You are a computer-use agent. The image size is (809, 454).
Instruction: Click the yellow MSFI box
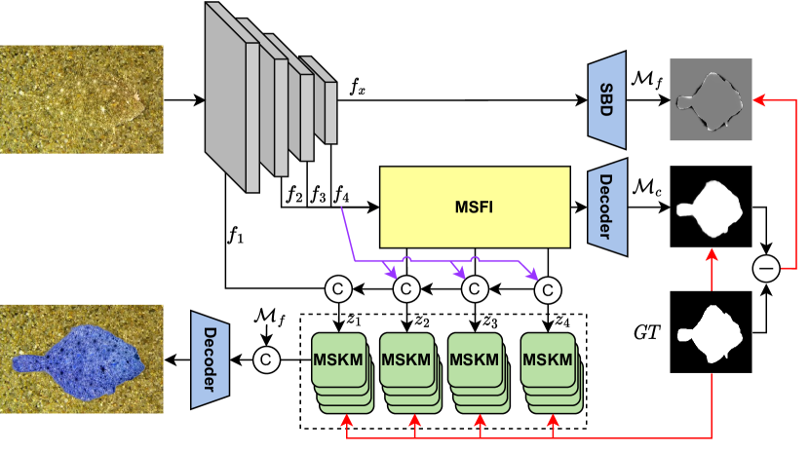474,207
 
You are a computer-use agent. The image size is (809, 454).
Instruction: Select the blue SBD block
606,96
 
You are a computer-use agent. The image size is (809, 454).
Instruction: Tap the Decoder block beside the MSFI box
606,208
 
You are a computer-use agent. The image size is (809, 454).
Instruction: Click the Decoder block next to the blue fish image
209,359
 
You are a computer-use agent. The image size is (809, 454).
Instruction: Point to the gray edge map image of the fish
711,98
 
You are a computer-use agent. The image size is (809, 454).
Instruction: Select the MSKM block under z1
337,360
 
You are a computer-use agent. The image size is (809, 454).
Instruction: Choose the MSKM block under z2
405,360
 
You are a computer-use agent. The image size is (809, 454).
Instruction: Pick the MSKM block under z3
474,360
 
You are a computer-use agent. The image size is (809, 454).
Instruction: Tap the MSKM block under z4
547,360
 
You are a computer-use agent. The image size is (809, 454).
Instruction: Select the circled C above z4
548,289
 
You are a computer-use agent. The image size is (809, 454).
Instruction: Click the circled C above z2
406,289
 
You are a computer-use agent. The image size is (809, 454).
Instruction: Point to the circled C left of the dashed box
265,359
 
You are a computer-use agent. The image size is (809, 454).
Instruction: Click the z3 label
490,322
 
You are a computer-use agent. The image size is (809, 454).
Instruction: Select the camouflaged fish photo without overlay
81,98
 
